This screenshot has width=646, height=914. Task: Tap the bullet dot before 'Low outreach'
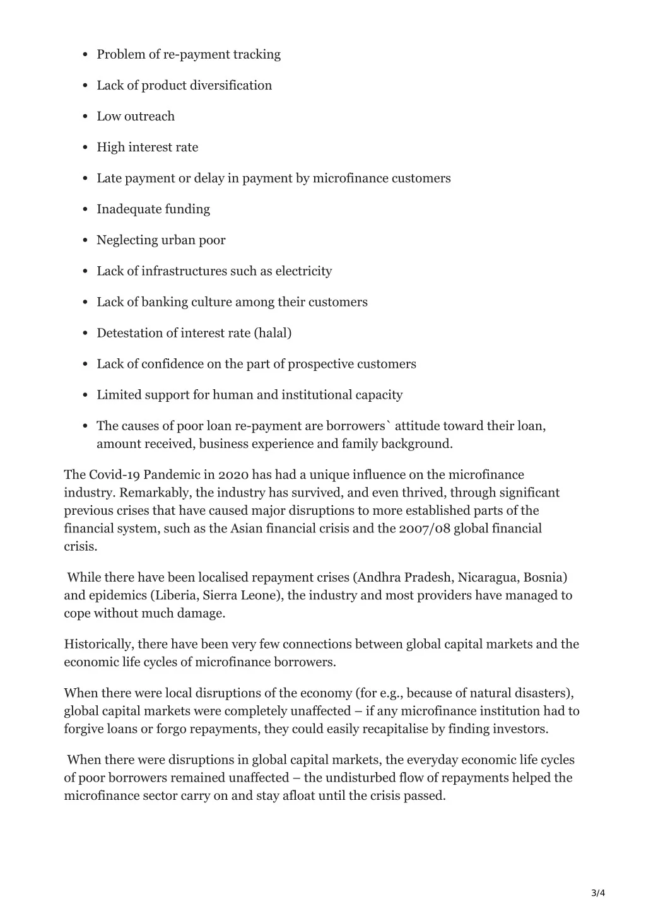pos(85,117)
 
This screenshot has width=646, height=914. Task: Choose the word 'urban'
pos(179,240)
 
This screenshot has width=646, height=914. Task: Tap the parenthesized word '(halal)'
pos(273,333)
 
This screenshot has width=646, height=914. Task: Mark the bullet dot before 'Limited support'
pos(85,395)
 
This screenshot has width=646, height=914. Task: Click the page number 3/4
pos(598,893)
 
